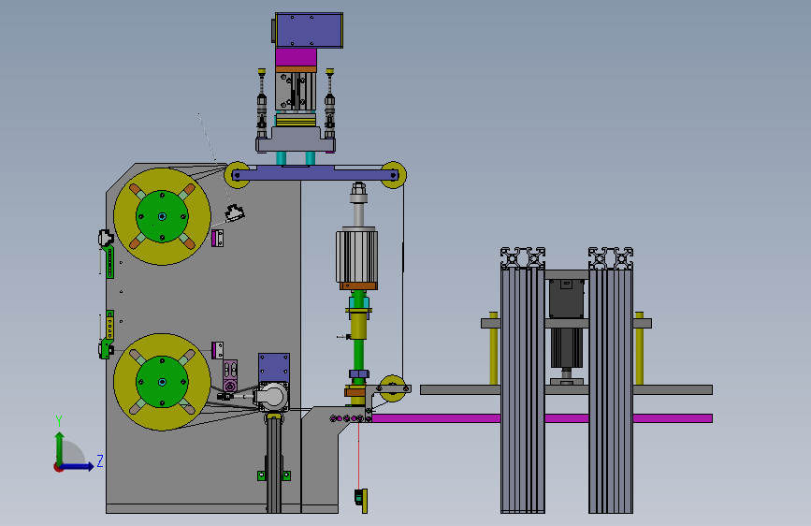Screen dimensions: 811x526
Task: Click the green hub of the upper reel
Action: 162,216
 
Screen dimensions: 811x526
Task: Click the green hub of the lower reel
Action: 162,382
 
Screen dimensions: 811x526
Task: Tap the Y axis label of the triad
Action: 59,421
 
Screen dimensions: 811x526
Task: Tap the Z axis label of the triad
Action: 100,460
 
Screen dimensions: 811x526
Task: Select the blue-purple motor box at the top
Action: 309,31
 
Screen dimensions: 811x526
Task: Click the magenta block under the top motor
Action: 296,57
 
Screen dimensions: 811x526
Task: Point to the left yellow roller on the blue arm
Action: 237,175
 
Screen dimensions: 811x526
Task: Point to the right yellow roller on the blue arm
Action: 393,175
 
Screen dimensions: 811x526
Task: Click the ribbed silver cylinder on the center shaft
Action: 357,256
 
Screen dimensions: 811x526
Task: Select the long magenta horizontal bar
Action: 542,418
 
